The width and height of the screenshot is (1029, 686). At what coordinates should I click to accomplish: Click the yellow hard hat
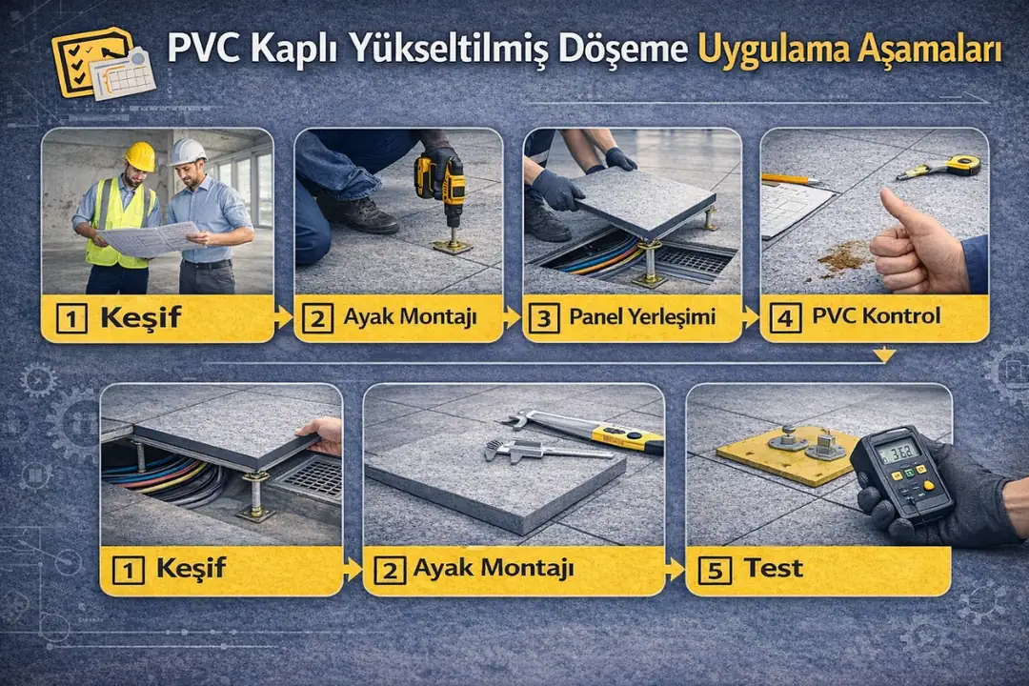[x=140, y=155]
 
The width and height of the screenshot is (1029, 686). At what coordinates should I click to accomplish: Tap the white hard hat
[x=187, y=151]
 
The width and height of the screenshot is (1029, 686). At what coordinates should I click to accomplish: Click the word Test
[x=773, y=569]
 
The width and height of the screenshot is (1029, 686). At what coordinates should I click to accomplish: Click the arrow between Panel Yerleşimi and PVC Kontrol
[x=750, y=317]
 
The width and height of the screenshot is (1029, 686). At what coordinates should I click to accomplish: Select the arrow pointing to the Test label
[x=676, y=570]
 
